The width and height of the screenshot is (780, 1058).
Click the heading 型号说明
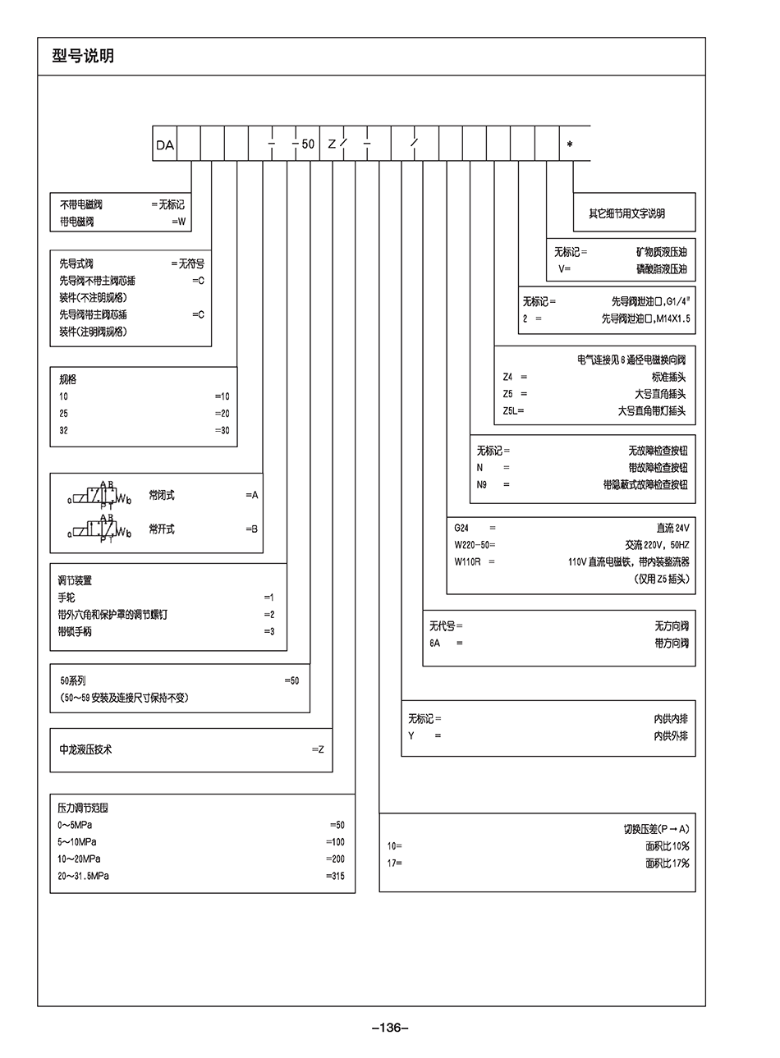82,57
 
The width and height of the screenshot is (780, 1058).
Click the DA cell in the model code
165,144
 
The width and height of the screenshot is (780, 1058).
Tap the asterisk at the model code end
570,145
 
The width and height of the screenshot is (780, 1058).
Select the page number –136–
390,1028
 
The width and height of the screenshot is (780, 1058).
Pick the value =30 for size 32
223,430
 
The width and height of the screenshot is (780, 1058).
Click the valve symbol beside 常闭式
99,495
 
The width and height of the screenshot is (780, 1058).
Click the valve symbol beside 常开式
99,529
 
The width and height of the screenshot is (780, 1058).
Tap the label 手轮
66,598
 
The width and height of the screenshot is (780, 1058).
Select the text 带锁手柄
75,631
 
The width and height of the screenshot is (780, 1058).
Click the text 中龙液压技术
85,749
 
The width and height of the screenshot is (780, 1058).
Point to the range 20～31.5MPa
83,876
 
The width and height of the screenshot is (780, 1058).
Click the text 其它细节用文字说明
626,213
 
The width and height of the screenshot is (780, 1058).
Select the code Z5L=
513,411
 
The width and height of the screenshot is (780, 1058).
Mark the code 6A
435,644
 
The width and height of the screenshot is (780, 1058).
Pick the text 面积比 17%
667,863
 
